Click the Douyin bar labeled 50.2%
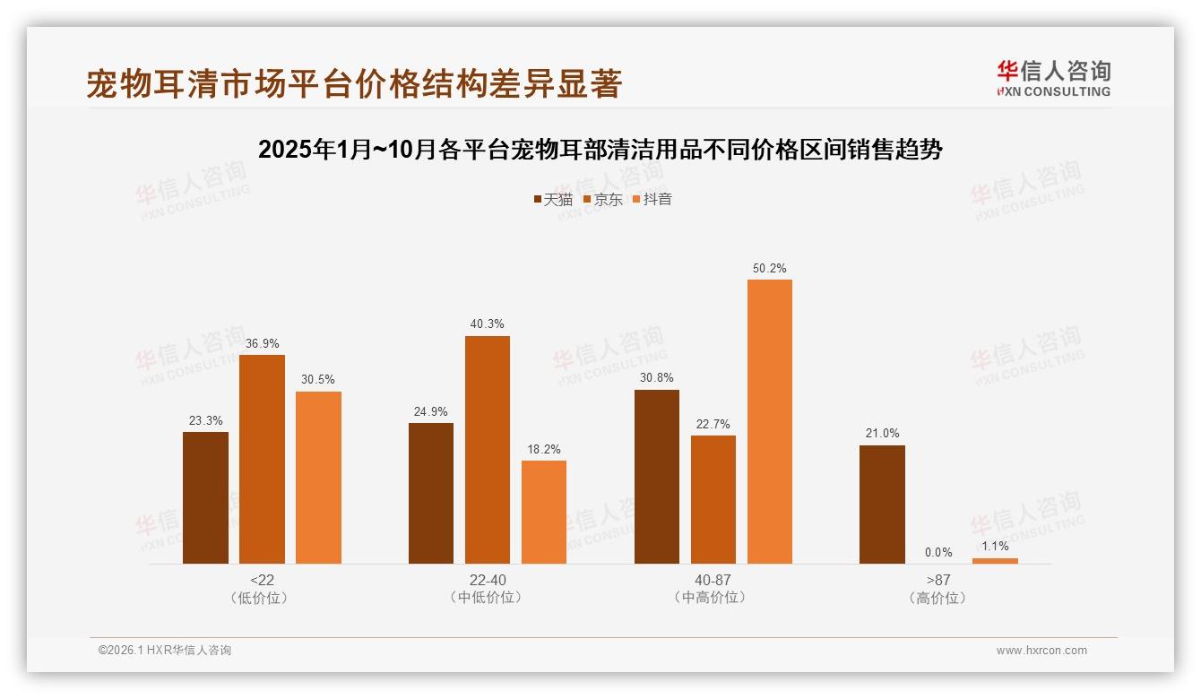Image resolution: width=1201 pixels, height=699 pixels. coord(769,421)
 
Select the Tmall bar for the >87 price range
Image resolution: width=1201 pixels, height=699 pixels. coord(882,505)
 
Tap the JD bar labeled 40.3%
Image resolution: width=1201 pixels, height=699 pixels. coord(487,450)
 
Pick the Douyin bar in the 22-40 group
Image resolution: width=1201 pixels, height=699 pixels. coord(543,512)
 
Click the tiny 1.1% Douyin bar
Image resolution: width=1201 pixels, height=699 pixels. coord(995,561)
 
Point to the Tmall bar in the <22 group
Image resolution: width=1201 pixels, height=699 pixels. coord(205,497)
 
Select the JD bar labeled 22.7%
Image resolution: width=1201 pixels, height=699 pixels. coord(713,499)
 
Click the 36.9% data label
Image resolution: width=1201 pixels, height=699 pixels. coord(262,342)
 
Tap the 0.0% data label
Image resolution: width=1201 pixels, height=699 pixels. coord(938,552)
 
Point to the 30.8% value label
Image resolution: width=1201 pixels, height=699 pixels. coord(656,377)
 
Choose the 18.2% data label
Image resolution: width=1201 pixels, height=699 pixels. coord(543,449)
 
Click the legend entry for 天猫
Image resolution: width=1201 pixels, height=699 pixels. coord(552,199)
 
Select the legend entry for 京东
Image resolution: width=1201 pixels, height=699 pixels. coord(602,199)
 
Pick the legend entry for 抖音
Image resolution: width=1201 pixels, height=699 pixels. coord(652,199)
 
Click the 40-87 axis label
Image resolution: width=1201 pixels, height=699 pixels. coord(713,580)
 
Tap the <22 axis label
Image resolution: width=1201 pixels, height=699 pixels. coord(262,580)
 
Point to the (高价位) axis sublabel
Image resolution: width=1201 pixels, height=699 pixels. coord(938,598)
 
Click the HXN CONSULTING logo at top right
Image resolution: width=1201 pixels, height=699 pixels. coord(1053,78)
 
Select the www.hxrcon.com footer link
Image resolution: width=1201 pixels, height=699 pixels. coord(1041,651)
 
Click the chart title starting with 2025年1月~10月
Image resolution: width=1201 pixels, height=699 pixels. coord(600,150)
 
